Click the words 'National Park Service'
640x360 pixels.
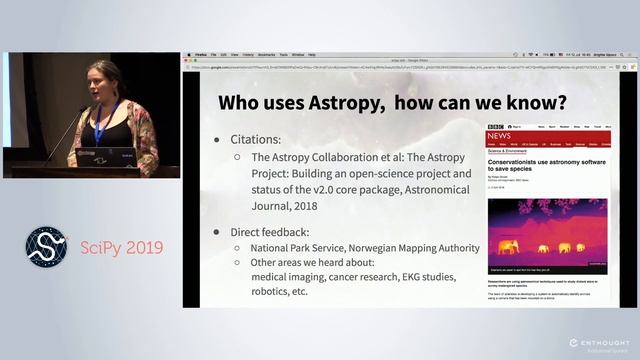301,248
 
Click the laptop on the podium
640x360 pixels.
106,157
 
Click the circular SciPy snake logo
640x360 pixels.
46,247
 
